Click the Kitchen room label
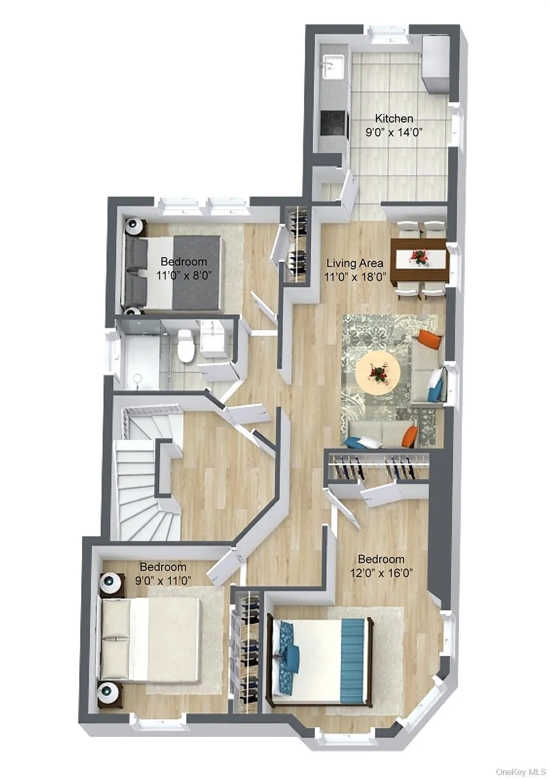tap(394, 119)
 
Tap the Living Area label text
tap(355, 263)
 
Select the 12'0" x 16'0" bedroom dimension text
tap(382, 573)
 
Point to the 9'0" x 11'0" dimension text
tap(163, 580)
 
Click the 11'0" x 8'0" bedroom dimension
tap(183, 275)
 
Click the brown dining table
tap(420, 259)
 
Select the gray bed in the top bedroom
tap(172, 272)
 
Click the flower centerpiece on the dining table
tap(419, 258)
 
